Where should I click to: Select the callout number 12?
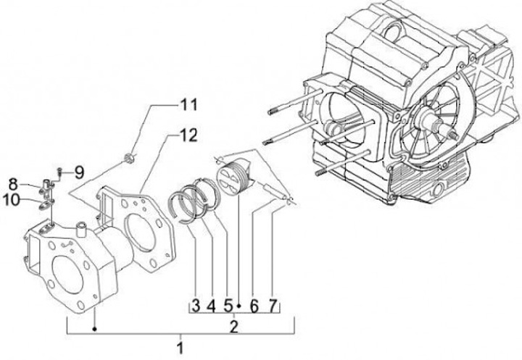pos(188,134)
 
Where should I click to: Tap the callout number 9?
pos(79,172)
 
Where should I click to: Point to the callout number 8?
pos(14,183)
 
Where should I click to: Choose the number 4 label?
pos(212,306)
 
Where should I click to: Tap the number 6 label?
pos(254,306)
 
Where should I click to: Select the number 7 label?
pos(273,306)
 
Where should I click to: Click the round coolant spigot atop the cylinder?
pos(80,231)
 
